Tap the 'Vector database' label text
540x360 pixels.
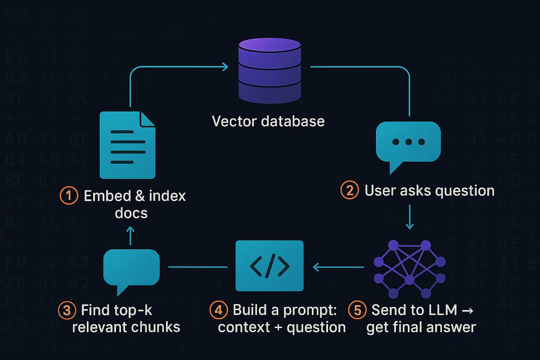(269, 121)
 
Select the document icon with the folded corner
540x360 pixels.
(127, 145)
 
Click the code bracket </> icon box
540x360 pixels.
(270, 266)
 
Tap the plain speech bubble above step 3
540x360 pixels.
(131, 270)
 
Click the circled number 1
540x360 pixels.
(68, 197)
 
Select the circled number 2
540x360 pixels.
(349, 190)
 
